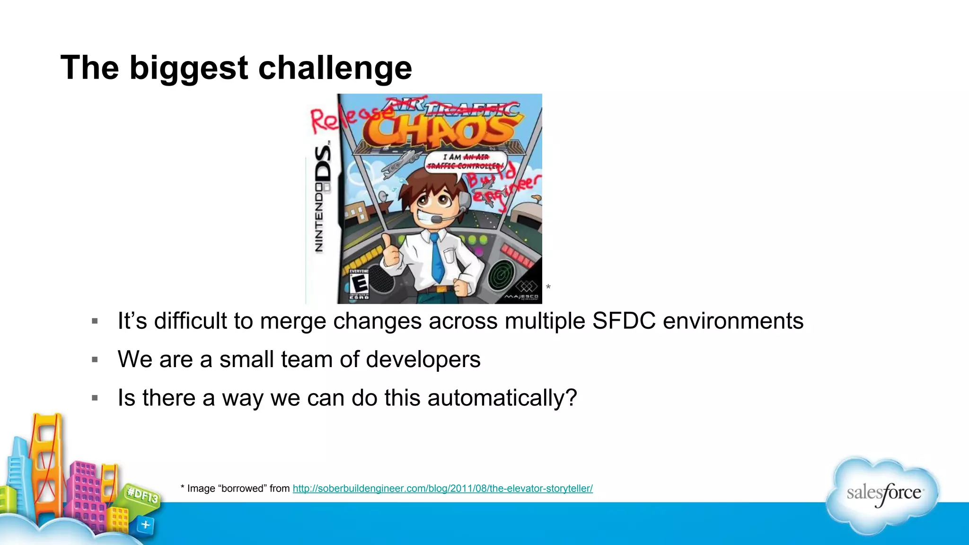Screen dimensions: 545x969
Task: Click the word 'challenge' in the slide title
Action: coord(335,69)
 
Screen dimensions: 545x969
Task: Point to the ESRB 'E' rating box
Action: coord(359,284)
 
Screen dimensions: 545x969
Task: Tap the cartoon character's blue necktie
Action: coord(438,258)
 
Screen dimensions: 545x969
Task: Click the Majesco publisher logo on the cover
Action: coord(522,291)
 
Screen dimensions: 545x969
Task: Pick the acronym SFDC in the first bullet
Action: coord(624,321)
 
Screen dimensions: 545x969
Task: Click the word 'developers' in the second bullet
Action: coord(423,360)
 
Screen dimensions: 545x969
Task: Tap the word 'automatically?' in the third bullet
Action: coord(502,398)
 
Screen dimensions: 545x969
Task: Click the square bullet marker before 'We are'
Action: coord(95,360)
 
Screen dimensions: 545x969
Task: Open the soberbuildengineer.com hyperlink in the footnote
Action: coord(442,489)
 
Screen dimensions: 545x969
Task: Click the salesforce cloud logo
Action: coord(883,494)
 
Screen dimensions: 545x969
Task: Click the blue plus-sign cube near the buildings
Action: coord(145,525)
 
